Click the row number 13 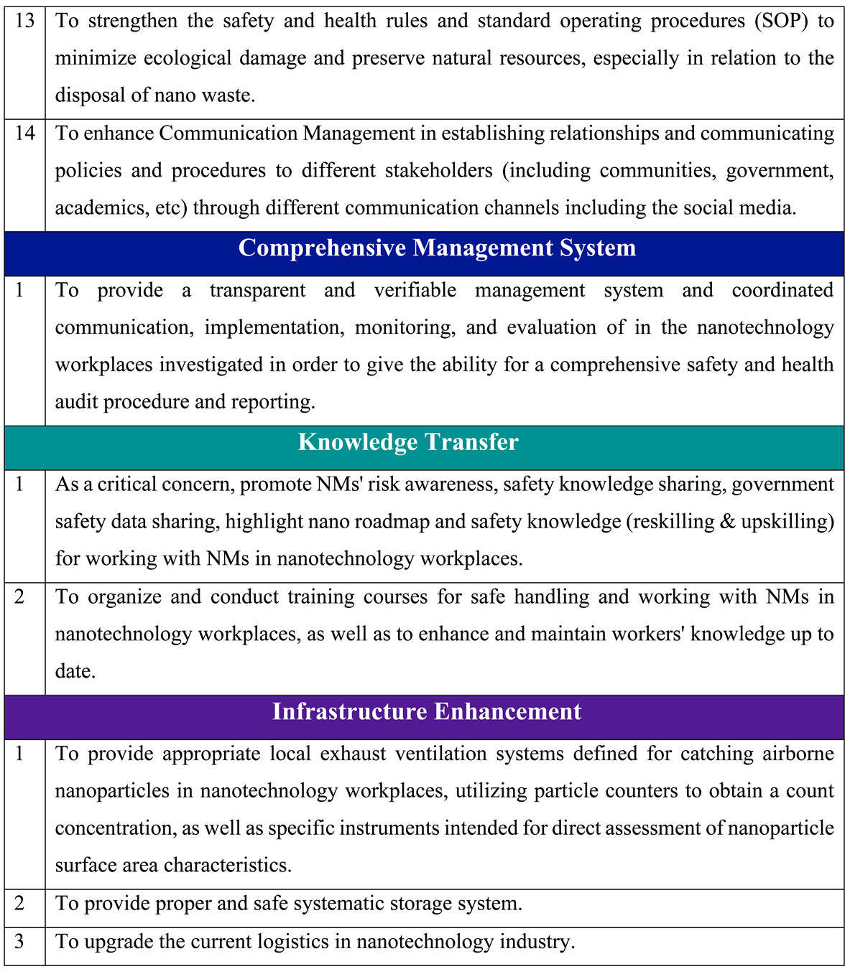(x=24, y=21)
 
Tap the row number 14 (x=24, y=134)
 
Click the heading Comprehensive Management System (x=437, y=248)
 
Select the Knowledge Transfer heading (x=408, y=442)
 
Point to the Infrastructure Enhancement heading (x=427, y=712)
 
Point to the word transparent (x=257, y=290)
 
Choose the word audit (x=77, y=402)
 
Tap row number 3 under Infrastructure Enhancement (x=19, y=942)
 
